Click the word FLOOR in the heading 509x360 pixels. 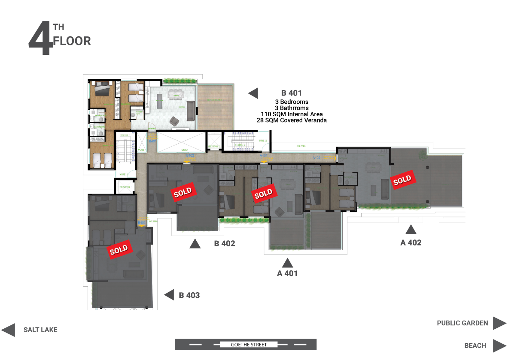click(x=72, y=41)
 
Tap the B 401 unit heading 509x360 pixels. click(x=291, y=93)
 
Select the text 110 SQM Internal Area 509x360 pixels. click(x=292, y=114)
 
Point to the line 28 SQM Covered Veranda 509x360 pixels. click(x=292, y=120)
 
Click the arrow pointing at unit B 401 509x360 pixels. click(x=253, y=93)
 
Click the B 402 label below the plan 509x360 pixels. click(x=224, y=243)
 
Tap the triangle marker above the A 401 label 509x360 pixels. click(x=287, y=263)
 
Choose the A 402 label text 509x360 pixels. click(x=411, y=243)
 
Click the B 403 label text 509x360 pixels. click(x=189, y=295)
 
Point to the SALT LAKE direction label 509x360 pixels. click(x=40, y=330)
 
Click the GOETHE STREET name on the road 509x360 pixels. click(x=249, y=345)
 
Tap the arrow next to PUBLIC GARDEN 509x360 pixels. click(x=499, y=323)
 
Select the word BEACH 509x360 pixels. click(x=475, y=346)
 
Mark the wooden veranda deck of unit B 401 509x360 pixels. click(x=216, y=107)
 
